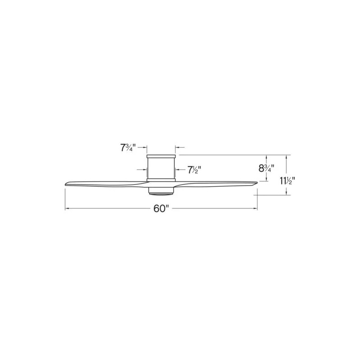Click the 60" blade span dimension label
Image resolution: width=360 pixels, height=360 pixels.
point(161,209)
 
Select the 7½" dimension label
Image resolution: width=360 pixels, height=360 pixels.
point(194,170)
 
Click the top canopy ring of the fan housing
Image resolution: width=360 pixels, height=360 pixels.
point(161,156)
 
